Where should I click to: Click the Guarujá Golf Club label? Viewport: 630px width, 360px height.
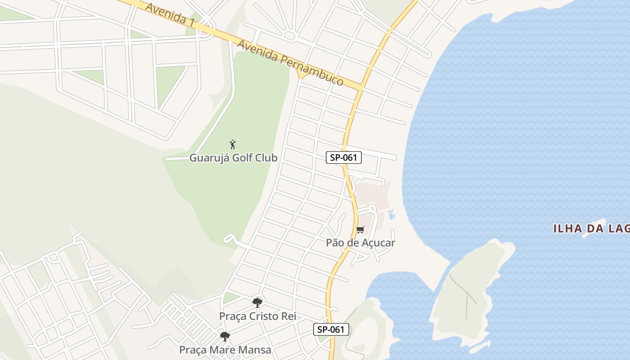pos(233,158)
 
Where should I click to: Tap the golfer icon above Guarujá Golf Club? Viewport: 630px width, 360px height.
pos(233,144)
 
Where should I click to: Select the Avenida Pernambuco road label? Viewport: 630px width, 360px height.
pos(290,63)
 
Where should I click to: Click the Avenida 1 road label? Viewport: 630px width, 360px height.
pos(166,13)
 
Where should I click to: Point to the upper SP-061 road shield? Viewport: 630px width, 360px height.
pos(344,157)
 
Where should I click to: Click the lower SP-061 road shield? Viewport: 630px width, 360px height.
pos(331,329)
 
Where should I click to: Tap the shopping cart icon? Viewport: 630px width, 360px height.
pos(360,230)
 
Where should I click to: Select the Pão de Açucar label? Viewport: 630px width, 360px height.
pos(360,243)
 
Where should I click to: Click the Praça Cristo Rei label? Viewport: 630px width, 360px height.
pos(257,316)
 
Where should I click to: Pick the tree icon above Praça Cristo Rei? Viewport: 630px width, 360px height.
pos(257,302)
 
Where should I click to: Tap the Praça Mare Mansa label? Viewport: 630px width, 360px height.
pos(225,350)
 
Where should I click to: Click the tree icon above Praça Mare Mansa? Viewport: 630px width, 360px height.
pos(225,336)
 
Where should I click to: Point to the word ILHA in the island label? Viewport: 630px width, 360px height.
pos(567,229)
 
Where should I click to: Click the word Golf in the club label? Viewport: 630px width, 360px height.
pos(243,158)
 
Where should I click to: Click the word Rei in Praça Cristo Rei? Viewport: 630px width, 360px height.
pos(288,316)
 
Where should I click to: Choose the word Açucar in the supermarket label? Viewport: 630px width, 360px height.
pos(377,243)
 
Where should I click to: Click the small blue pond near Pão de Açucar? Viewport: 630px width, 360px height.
pos(391,214)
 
